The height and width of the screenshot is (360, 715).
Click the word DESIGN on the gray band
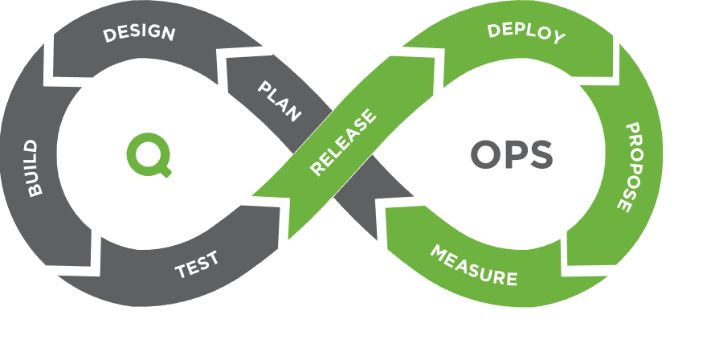click(x=138, y=34)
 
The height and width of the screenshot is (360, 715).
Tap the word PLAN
click(x=280, y=100)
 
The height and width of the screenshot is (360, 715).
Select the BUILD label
click(x=33, y=167)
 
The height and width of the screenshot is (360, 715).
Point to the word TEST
click(x=197, y=264)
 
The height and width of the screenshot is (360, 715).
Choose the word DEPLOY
click(x=526, y=33)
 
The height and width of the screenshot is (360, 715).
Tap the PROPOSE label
click(x=630, y=166)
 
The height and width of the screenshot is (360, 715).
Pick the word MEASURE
click(x=473, y=266)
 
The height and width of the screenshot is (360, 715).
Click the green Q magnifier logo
click(x=148, y=153)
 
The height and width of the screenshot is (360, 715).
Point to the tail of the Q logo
click(x=165, y=170)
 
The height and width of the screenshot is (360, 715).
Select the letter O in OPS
click(x=488, y=154)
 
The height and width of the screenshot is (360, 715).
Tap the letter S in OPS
click(x=541, y=154)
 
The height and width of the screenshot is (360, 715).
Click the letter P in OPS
click(x=515, y=154)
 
